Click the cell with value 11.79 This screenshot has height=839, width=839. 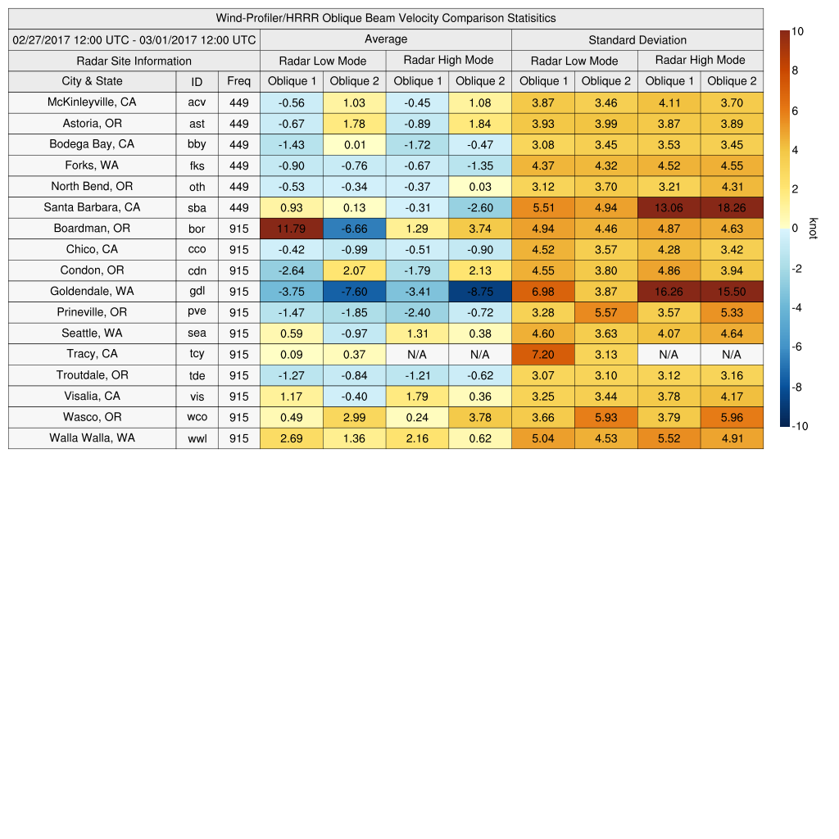point(291,229)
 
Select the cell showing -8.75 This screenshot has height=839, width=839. point(479,292)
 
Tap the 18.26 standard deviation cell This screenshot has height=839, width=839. point(732,207)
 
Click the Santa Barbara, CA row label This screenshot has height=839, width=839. point(92,207)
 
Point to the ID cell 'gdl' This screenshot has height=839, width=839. point(197,292)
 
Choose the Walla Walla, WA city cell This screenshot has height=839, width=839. point(92,438)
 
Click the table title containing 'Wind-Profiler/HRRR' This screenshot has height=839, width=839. point(385,18)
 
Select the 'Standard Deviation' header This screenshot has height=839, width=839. point(637,39)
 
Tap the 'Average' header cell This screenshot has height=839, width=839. point(385,39)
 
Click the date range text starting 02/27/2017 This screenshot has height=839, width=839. point(134,39)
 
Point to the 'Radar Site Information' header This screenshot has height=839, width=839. point(134,61)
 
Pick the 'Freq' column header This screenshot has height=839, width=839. point(238,81)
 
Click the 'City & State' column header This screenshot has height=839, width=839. point(92,81)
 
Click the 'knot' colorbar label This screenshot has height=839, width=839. point(813,229)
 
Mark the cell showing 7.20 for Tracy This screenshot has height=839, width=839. point(542,354)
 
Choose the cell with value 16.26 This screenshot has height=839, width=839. point(669,292)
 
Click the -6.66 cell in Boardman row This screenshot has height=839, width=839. point(354,229)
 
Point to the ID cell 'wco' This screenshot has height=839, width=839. point(197,417)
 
